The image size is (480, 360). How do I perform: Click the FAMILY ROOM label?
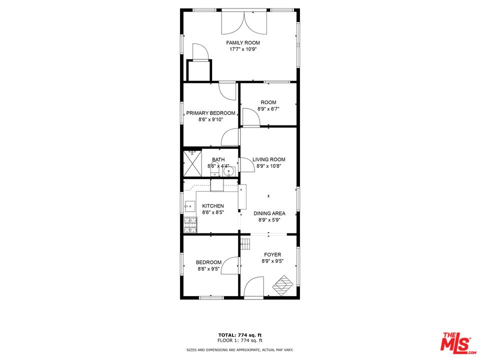[243, 43]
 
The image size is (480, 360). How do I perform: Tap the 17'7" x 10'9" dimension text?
[243, 50]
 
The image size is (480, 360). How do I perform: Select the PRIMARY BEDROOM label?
[210, 113]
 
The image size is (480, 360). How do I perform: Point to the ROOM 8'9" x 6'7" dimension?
[268, 109]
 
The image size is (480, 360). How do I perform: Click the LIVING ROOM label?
[269, 159]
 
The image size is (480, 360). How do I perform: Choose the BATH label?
[218, 159]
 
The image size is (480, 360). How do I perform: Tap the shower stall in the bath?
[191, 162]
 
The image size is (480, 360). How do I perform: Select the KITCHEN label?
[213, 206]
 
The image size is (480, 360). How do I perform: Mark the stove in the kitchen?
[190, 225]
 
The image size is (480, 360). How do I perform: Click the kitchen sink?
[190, 205]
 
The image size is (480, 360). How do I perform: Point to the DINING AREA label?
[269, 213]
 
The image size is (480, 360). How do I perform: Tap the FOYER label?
[272, 254]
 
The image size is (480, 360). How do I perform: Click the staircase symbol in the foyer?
[245, 243]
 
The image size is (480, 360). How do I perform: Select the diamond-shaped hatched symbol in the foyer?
[282, 285]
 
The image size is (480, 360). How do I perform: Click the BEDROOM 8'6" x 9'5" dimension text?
[208, 269]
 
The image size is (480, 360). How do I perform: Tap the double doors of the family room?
[244, 22]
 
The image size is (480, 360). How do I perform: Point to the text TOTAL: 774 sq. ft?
[240, 334]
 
